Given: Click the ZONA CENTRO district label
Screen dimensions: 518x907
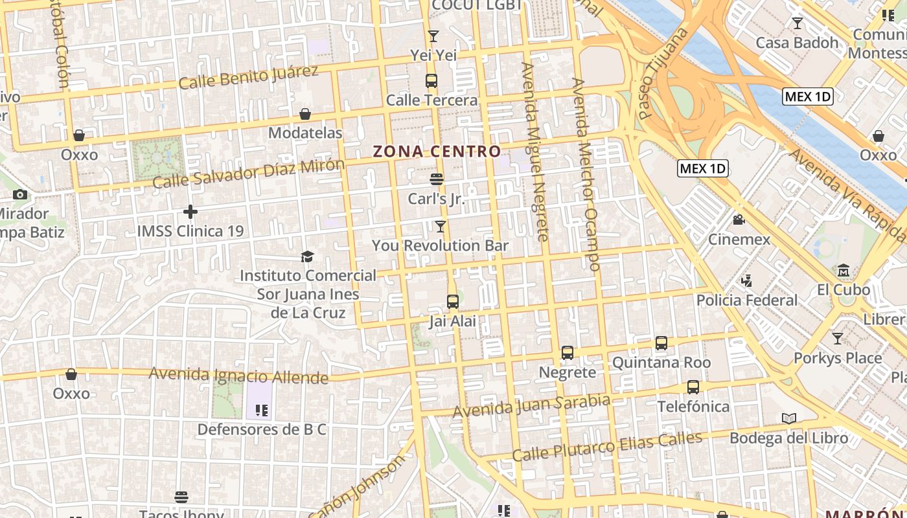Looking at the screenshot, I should tap(437, 152).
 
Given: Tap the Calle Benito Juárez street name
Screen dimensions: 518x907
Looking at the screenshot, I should tap(248, 78).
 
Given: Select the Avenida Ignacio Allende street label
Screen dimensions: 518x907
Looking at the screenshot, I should tap(238, 375).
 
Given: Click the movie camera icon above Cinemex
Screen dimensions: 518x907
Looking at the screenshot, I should tap(739, 220).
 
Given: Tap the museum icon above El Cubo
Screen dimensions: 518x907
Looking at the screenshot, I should tap(844, 270).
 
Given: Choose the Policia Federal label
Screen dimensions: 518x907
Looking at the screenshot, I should tap(747, 300).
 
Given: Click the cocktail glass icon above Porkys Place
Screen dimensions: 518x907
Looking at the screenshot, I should tap(838, 338).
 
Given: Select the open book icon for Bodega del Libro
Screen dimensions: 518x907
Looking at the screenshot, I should tap(788, 419).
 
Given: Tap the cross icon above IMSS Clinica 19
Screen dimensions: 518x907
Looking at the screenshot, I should tap(190, 212).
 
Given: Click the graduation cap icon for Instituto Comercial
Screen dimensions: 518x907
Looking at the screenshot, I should tap(307, 256).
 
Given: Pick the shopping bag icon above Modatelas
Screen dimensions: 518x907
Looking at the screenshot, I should tap(305, 114).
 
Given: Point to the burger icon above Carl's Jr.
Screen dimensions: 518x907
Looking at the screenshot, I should tap(437, 179).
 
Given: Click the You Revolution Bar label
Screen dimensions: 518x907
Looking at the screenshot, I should tap(440, 246).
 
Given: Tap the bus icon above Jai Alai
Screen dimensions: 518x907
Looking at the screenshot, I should tap(452, 301).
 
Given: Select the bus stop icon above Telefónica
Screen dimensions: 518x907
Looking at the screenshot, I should tap(693, 387).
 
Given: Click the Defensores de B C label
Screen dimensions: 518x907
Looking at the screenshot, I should tap(262, 430).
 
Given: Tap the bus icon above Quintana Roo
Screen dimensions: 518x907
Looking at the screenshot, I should tap(661, 343).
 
